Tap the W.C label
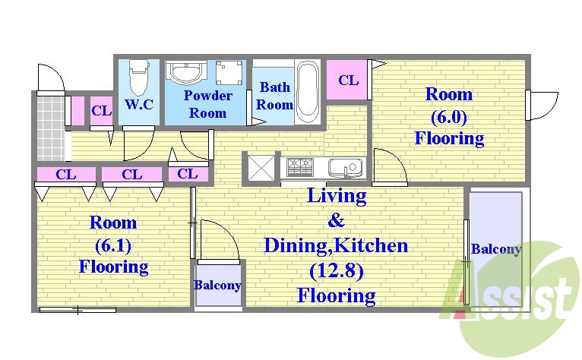pos(139,104)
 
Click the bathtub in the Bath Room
pos(308,91)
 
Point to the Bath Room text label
pos(275,96)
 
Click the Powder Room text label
pos(208,104)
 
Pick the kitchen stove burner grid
pos(300,167)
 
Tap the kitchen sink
pos(345,168)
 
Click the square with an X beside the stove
pos(261,168)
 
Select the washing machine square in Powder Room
pos(229,72)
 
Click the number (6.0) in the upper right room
pos(449,117)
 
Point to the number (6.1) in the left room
pos(113,245)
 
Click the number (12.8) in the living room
pos(337,271)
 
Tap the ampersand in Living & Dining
pos(336,220)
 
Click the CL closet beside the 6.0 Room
pos(347,80)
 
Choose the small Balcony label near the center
pos(217,285)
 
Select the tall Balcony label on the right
pos(496,249)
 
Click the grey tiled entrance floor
pos(50,128)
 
